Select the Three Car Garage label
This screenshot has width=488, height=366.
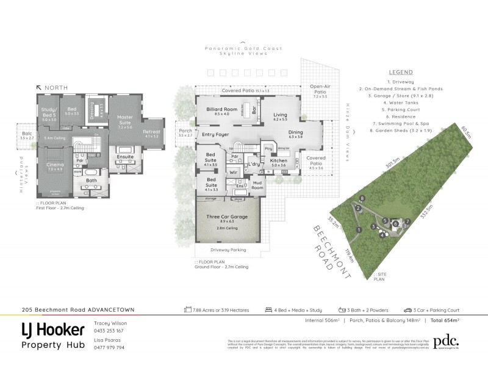coord(226,217)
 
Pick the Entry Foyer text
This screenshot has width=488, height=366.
coord(215,135)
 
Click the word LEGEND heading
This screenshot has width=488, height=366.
coord(401,71)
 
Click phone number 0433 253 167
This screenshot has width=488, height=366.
coord(109,330)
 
